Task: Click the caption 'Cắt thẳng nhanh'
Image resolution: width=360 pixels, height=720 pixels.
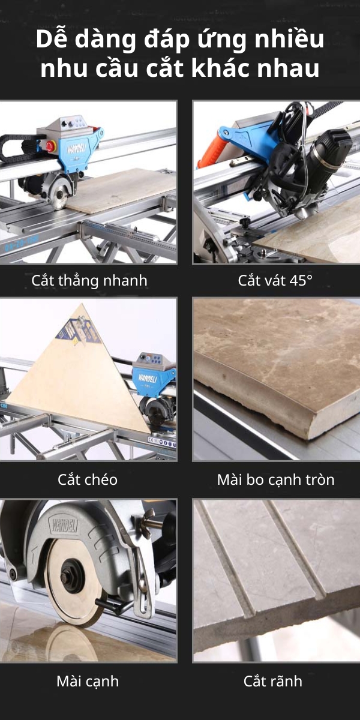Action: pos(89,280)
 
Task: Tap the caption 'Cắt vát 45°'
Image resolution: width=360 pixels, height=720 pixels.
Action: pos(275,280)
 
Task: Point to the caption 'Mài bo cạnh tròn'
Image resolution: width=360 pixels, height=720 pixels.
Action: pos(275,479)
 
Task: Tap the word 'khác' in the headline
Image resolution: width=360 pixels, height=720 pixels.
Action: pos(229,68)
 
